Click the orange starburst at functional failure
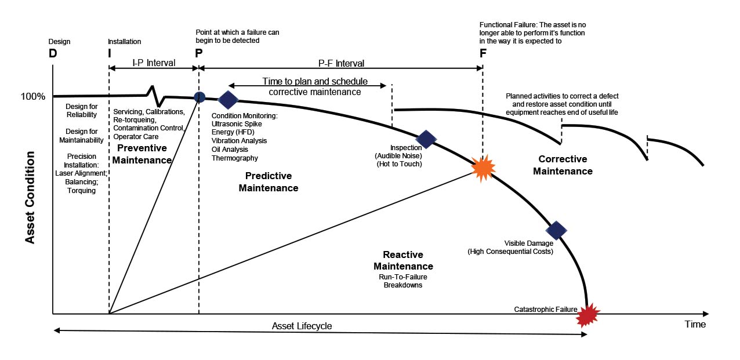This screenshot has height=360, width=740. click(x=483, y=168)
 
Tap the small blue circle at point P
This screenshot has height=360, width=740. click(x=199, y=97)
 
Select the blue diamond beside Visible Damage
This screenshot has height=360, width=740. click(x=556, y=231)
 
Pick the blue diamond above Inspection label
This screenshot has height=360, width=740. click(x=426, y=139)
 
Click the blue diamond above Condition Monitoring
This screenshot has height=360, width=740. click(x=228, y=100)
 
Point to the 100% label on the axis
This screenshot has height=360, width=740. click(x=33, y=96)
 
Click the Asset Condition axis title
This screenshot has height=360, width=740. click(x=30, y=198)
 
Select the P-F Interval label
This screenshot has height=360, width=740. click(x=342, y=63)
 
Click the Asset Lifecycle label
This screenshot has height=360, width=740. click(x=302, y=326)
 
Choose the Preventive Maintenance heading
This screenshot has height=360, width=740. click(x=142, y=154)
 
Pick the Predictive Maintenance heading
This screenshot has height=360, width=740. click(x=268, y=181)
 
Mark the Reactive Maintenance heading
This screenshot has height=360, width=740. click(x=403, y=260)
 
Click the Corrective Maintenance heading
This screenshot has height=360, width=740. click(x=563, y=165)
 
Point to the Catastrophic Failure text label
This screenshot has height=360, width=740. click(x=546, y=310)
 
